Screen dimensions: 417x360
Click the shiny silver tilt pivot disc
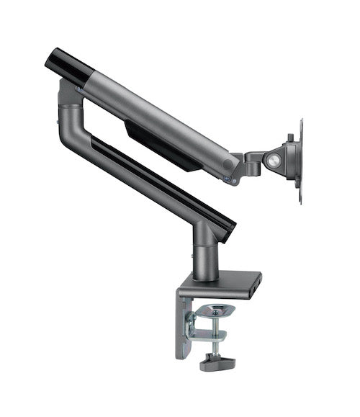274,161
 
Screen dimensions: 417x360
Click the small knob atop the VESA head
289,136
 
